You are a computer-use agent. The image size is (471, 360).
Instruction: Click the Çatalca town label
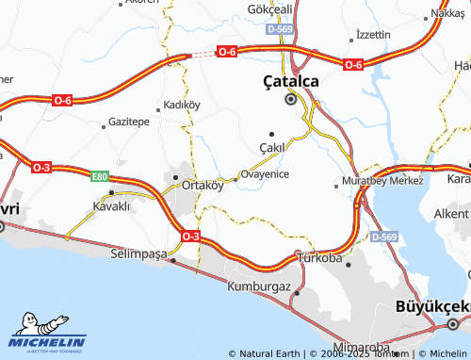290,82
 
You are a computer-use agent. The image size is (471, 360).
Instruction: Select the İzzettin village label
372,34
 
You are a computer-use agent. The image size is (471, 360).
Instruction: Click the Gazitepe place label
129,123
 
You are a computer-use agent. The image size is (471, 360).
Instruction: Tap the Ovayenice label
266,174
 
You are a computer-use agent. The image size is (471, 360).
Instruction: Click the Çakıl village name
271,149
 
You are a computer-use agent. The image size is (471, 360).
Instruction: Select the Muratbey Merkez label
383,179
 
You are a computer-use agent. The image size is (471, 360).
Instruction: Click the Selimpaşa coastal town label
138,254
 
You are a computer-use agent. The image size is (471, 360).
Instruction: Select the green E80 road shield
100,176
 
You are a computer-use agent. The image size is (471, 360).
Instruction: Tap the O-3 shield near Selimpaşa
190,235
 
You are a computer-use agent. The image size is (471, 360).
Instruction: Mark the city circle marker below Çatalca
290,98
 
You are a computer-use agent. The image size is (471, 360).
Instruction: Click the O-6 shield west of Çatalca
226,52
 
